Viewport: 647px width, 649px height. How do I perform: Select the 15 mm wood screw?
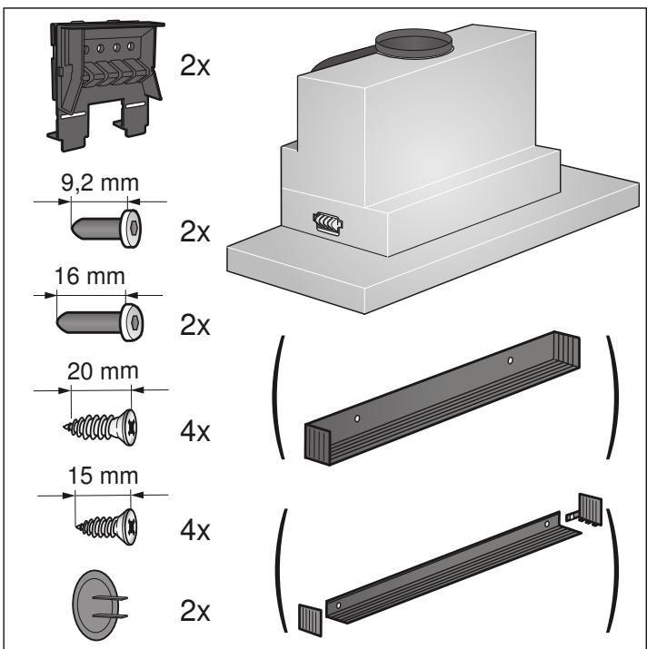[103, 525]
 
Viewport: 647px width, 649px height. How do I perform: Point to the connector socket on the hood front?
[328, 222]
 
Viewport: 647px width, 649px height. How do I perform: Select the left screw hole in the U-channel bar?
[357, 419]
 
